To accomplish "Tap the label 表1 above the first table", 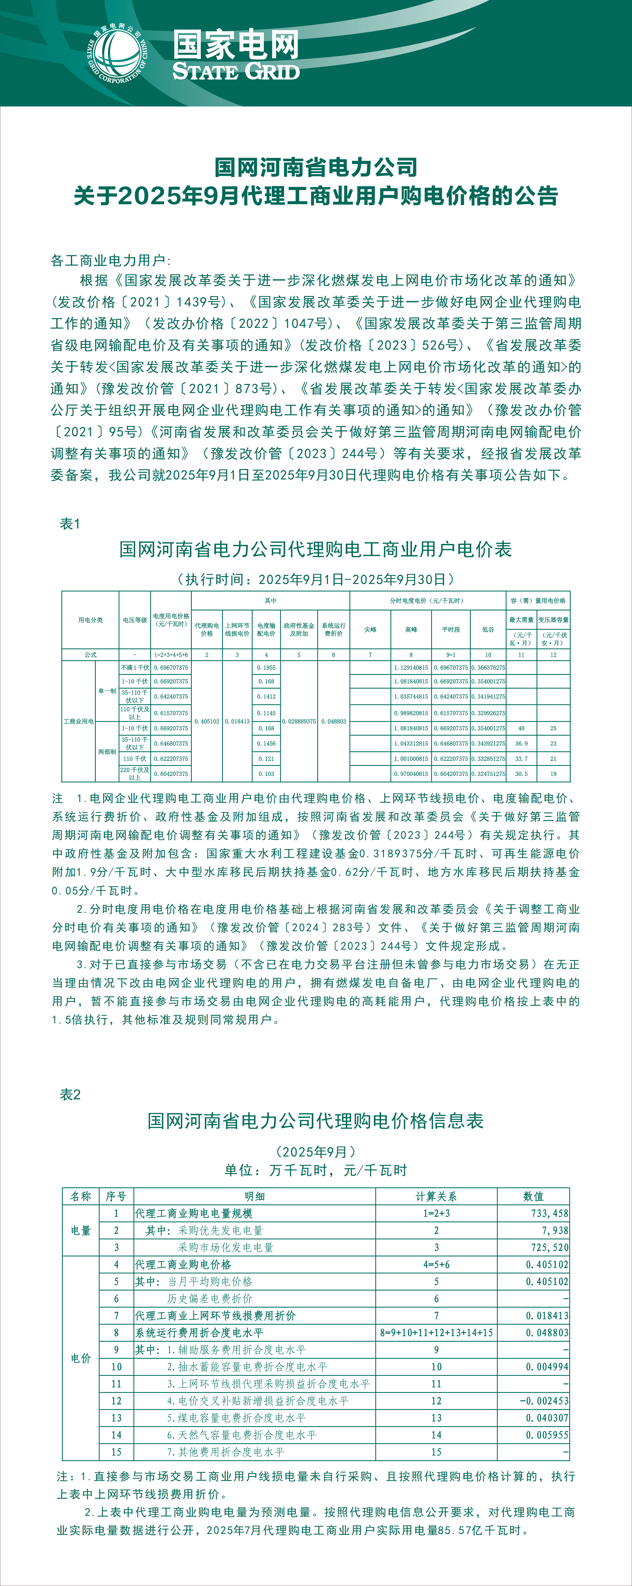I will (x=70, y=524).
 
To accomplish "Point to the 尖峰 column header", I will (x=370, y=629).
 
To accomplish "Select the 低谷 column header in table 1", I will (x=488, y=629).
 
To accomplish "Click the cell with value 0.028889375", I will (x=299, y=721).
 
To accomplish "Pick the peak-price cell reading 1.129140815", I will (x=411, y=667).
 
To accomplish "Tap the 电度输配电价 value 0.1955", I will (x=266, y=667).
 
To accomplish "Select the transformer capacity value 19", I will (x=553, y=774).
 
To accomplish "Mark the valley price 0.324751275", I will (x=488, y=774).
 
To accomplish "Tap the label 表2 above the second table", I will (x=70, y=1094).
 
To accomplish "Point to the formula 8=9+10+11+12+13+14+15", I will (x=436, y=1332).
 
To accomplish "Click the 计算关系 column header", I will (x=436, y=1196).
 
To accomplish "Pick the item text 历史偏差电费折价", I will (x=209, y=1299).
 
